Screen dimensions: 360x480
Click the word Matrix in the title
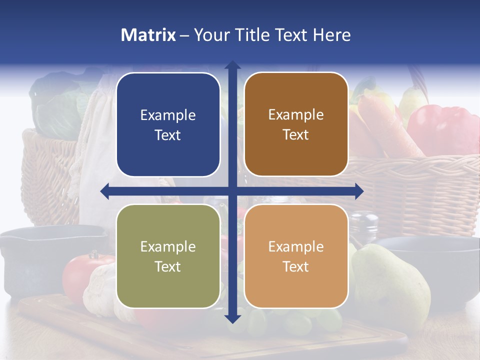(x=148, y=35)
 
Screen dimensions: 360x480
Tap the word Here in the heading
(x=331, y=35)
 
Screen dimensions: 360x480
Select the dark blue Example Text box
(x=168, y=125)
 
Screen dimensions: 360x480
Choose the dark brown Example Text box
(x=296, y=124)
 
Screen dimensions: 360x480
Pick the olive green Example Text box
(x=168, y=256)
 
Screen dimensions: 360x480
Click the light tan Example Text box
(x=296, y=256)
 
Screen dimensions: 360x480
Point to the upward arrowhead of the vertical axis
(x=232, y=65)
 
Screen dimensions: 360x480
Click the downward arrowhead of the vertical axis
(x=232, y=318)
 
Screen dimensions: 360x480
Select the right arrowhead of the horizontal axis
(x=359, y=191)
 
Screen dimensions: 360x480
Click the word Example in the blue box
(x=168, y=115)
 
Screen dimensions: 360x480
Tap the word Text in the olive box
(x=168, y=266)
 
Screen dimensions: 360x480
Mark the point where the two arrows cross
(x=232, y=191)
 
